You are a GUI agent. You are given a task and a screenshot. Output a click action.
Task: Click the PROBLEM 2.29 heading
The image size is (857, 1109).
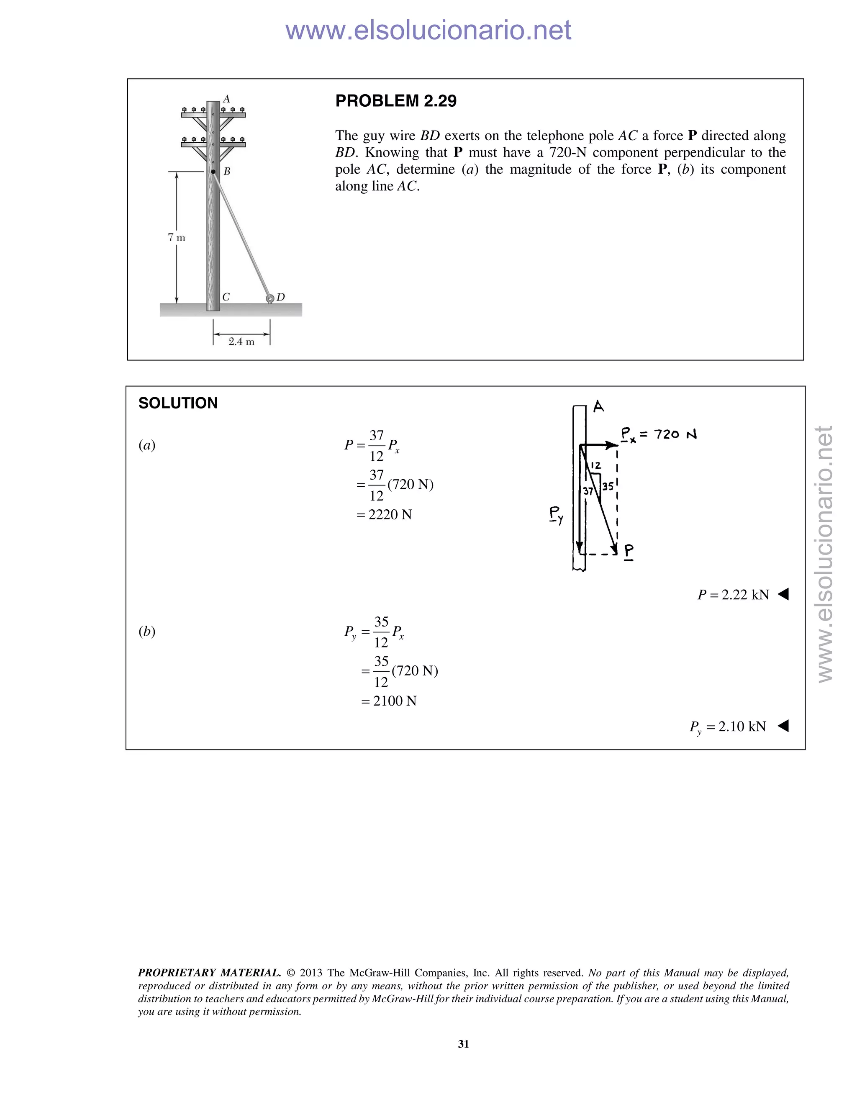tap(395, 101)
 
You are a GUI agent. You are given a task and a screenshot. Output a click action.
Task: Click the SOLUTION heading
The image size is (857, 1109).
tap(178, 403)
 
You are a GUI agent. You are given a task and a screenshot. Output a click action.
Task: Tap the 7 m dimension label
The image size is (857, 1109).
tap(177, 238)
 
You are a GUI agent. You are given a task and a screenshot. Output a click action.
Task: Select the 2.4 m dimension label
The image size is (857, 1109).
tap(241, 342)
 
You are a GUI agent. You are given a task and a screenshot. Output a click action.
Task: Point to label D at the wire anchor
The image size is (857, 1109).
tap(280, 297)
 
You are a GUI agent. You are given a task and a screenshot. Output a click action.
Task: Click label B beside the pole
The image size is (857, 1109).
tap(227, 172)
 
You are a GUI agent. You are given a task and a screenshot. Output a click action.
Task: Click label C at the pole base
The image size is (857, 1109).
tap(226, 297)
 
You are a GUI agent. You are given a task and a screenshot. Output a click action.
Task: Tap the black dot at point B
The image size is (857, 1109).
tap(213, 172)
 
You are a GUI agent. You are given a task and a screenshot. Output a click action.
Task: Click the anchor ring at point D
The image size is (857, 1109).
tap(270, 298)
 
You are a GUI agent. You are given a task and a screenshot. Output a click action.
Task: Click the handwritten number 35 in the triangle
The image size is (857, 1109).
tap(608, 486)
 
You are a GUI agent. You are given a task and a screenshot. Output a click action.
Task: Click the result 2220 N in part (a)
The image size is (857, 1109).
tap(390, 515)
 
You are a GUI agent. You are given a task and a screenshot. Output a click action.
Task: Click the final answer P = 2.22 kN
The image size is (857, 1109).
tap(733, 595)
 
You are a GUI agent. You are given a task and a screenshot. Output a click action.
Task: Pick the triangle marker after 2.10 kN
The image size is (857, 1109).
tap(783, 726)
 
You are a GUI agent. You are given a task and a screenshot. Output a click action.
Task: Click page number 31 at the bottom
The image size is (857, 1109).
tap(463, 1044)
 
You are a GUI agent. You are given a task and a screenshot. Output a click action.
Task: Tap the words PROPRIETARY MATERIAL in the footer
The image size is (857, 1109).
tap(209, 973)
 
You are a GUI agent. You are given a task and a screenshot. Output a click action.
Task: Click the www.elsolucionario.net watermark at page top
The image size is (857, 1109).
tap(428, 31)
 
